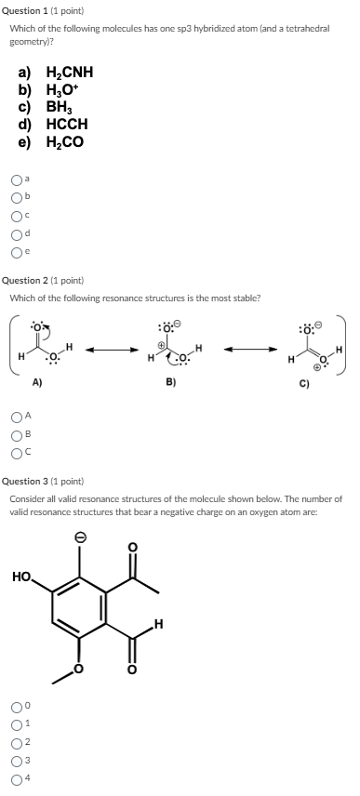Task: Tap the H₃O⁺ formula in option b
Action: [63, 90]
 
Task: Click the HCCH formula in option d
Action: [66, 124]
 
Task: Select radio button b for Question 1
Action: [16, 196]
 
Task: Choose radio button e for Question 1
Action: [16, 251]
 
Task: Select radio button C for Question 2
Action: [16, 454]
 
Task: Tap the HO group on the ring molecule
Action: [22, 577]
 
